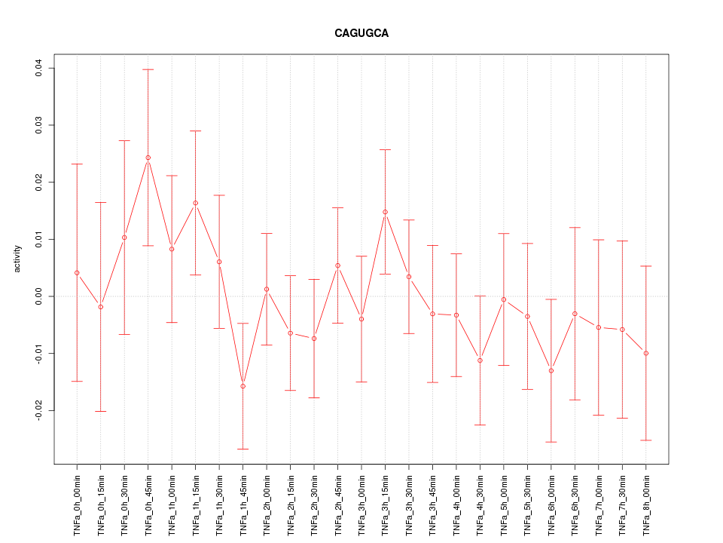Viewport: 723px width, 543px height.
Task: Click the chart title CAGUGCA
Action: click(x=361, y=34)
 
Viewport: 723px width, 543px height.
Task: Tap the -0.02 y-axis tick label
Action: click(x=38, y=410)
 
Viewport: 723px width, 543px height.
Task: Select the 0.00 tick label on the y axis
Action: click(x=38, y=296)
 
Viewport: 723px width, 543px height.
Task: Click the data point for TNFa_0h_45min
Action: click(x=148, y=158)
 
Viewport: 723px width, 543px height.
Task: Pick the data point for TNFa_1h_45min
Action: click(x=243, y=386)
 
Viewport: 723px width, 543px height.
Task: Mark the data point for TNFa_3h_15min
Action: click(x=385, y=212)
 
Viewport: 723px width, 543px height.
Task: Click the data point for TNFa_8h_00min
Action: click(x=646, y=353)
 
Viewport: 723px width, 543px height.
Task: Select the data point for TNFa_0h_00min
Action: click(x=77, y=272)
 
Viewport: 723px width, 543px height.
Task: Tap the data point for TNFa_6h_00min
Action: click(x=551, y=370)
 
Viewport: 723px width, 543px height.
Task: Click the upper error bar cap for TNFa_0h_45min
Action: click(x=148, y=69)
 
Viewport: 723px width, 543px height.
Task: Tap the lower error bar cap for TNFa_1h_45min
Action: click(x=243, y=449)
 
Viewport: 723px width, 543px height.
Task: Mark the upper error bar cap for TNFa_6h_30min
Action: click(x=575, y=227)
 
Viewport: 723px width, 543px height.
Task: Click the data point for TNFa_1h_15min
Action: click(x=195, y=203)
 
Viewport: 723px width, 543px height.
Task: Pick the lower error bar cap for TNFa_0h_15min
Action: click(x=101, y=411)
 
